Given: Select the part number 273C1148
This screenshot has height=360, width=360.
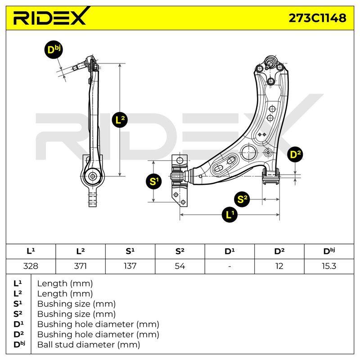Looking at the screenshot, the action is pos(317,18).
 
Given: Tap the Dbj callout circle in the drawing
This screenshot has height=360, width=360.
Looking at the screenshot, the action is pos(54,50).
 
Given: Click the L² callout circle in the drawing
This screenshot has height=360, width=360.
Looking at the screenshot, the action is pos(120,120).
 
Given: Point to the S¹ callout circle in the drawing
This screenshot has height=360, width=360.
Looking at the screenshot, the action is pos(154,182).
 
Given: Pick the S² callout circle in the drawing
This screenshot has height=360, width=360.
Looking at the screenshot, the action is pos(242,199).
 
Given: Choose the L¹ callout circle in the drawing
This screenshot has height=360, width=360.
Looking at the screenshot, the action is pos(230,215).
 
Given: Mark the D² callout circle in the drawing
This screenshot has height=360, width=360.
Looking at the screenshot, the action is pos(295,154).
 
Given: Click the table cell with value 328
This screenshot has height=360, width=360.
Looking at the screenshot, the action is pos(31,266).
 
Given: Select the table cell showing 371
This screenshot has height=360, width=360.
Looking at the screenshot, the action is pos(81,266).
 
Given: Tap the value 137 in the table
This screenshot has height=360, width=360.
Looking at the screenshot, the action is pos(130,266).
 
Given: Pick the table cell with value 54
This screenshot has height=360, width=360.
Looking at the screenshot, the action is pos(180,266).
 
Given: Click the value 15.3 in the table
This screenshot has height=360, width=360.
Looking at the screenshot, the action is pos(329,266).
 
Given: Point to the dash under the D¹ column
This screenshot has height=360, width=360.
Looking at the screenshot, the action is pos(229,266).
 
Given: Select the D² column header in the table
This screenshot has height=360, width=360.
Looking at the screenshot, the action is pos(279,252).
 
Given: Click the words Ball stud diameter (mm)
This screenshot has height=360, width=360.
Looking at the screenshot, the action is pos(89,345).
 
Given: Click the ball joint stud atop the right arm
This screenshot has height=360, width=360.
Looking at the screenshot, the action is pos(270,62).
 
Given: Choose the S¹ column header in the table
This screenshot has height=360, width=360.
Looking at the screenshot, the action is pos(130,252).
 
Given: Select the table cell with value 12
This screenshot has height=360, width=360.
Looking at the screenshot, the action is pos(279,266).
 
